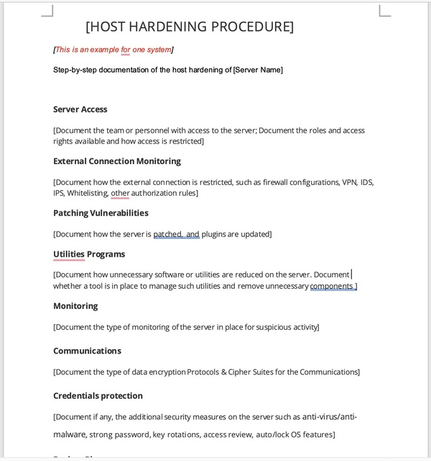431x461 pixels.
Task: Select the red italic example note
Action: click(113, 49)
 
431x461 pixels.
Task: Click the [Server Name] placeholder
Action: click(258, 70)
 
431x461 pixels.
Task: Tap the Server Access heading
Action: click(80, 109)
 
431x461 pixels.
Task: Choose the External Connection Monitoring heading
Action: click(116, 161)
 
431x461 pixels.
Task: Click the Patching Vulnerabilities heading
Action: click(101, 213)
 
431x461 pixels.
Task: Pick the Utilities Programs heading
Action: click(89, 254)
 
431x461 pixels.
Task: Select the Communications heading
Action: click(87, 351)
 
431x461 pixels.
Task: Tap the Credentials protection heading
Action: click(98, 396)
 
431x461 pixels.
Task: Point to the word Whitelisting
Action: click(88, 193)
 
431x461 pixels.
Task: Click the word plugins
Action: click(215, 234)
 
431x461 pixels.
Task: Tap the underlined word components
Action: click(331, 286)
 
